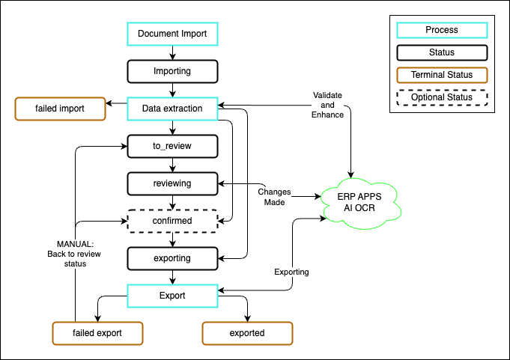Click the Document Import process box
[172, 34]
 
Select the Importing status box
[172, 71]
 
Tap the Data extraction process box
[172, 109]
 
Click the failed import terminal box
[60, 109]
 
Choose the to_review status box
[172, 146]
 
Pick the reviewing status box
[172, 183]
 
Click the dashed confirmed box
[172, 221]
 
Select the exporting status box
[172, 258]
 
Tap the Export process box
[172, 296]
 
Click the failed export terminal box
[97, 333]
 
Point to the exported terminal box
[247, 333]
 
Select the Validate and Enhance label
[327, 105]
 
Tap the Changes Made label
[274, 197]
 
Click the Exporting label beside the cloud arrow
[291, 272]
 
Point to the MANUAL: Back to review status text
[70, 253]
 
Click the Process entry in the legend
[442, 31]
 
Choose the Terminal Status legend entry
[442, 75]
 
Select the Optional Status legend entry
[442, 97]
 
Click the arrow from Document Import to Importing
[173, 52]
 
